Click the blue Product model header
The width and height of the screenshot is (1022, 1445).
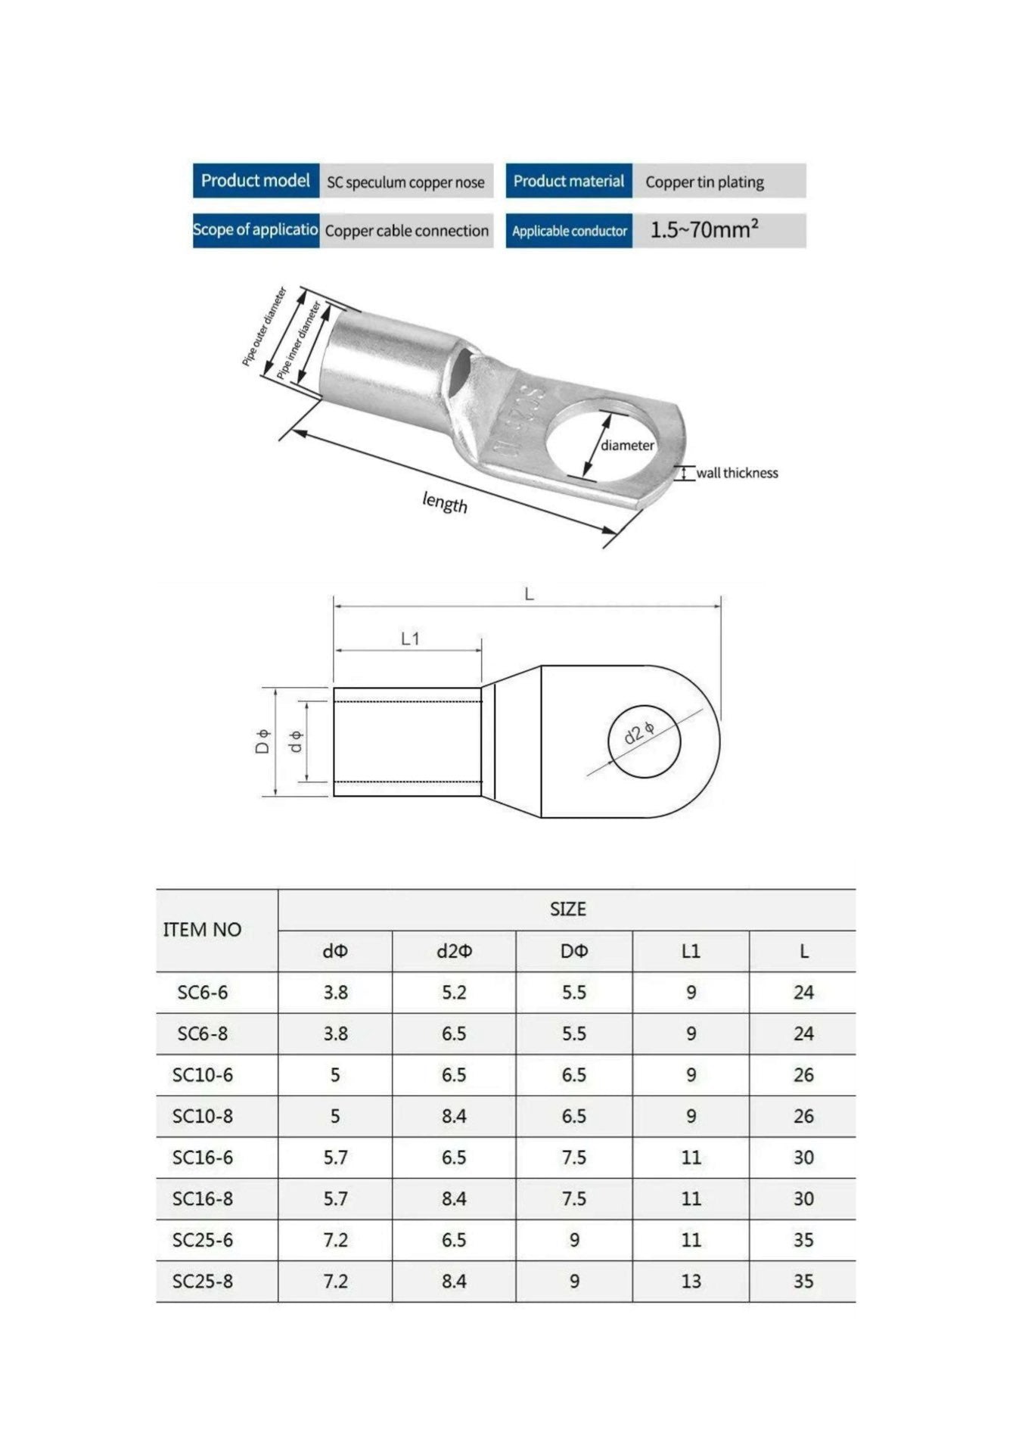255,181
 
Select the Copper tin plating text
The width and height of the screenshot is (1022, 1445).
704,182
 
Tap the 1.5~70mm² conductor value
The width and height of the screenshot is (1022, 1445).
704,229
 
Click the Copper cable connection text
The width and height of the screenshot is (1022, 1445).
406,231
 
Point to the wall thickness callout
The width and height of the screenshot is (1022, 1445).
736,473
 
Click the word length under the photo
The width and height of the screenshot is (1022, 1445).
445,502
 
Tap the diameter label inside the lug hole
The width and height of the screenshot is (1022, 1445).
627,446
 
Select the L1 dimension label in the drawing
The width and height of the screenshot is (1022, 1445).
410,639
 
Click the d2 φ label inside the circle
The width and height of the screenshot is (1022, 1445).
639,733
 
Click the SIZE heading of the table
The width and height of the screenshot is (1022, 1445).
567,909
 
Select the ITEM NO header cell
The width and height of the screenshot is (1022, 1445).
202,930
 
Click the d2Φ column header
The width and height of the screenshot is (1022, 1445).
454,952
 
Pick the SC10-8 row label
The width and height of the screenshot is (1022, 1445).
202,1116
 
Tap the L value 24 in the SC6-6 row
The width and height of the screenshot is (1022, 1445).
803,993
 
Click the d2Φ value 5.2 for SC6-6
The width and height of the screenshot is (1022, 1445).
454,993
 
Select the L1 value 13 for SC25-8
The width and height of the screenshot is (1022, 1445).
691,1281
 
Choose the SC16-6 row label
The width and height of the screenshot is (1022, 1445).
202,1158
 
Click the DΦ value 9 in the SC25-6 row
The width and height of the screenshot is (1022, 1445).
574,1240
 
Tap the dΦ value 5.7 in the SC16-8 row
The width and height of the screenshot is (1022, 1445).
335,1198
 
